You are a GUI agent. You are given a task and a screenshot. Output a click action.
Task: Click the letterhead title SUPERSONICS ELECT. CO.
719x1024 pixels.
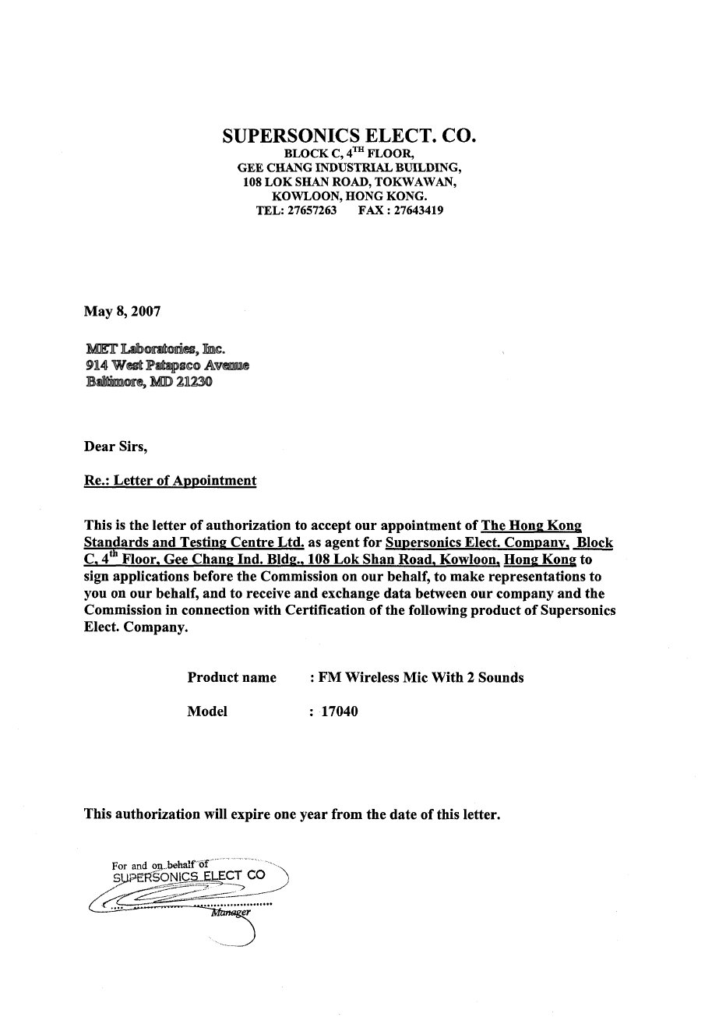tap(349, 136)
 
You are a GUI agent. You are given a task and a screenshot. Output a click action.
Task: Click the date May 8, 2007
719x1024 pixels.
tap(122, 312)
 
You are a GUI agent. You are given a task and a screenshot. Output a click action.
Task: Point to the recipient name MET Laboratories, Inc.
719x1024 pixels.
tap(155, 348)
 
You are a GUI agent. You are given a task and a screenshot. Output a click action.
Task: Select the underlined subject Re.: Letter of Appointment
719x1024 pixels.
tap(170, 480)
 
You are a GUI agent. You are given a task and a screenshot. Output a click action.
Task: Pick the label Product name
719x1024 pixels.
tap(231, 677)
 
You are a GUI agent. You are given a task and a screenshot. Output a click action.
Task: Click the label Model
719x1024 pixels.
tap(207, 711)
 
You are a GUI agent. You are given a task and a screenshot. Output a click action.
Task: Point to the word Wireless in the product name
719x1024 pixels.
tap(372, 677)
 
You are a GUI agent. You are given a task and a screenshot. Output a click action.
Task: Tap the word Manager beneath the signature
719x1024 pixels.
tap(231, 913)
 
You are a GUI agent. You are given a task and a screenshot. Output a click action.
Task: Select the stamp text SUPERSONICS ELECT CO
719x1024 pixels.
tap(189, 875)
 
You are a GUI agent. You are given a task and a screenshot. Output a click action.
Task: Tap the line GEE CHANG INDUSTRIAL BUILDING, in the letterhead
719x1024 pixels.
tap(349, 168)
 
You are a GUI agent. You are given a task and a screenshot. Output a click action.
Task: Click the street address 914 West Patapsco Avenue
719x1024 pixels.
tap(167, 365)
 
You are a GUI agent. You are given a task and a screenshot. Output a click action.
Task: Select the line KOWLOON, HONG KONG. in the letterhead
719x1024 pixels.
tap(349, 196)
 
